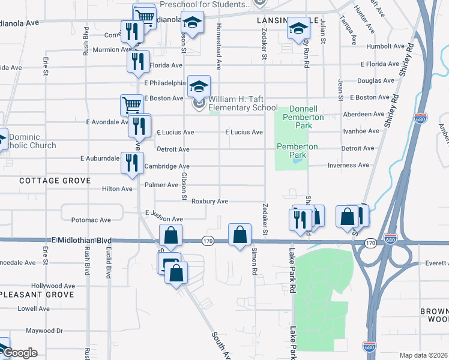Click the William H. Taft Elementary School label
pos(243,103)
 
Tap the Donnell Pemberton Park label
pos(306,113)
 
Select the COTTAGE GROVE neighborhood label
pos(55,181)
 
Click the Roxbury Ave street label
pos(209,202)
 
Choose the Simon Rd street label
pos(255,260)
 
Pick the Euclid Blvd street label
pos(109,264)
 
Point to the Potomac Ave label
pos(91,220)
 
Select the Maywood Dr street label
pos(44,331)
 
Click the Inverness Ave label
pos(348,166)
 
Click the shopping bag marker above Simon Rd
pos(240,235)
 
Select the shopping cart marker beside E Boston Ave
pos(131,104)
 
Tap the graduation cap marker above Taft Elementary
pos(199,86)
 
